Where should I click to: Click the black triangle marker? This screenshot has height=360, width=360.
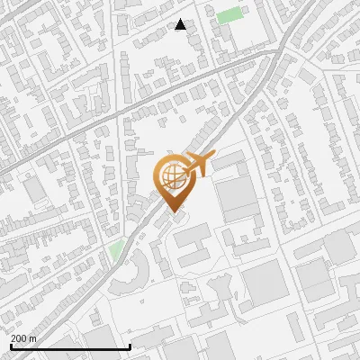(x=181, y=24)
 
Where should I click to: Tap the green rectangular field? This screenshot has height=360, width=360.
(x=229, y=15)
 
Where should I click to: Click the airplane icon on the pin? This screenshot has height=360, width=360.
(x=199, y=166)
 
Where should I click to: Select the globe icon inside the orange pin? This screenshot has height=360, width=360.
(x=171, y=174)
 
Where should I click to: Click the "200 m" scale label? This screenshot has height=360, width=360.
(x=23, y=338)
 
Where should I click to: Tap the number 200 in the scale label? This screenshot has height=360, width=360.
(x=20, y=338)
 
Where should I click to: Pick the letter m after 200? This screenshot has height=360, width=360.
(x=32, y=338)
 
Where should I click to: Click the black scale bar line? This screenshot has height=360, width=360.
(x=70, y=346)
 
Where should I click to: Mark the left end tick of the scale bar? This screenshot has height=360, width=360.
(x=11, y=345)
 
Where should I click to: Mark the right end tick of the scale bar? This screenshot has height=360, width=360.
(x=130, y=345)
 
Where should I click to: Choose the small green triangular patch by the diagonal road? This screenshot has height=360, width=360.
(x=115, y=248)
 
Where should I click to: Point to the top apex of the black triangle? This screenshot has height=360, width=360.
(x=181, y=19)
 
